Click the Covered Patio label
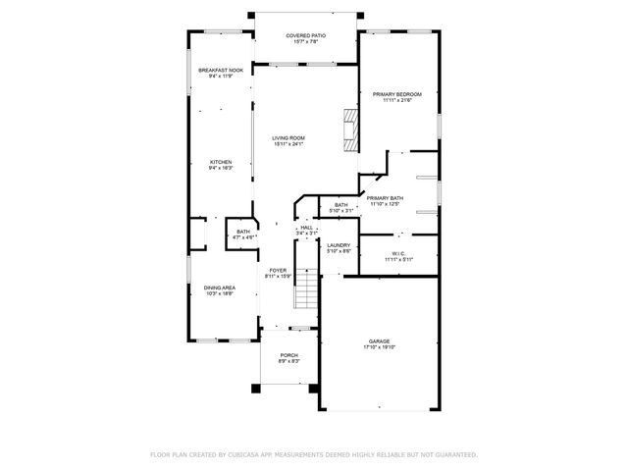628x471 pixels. tap(305, 35)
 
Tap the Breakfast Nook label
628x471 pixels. tap(220, 71)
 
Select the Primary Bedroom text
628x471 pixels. tap(396, 94)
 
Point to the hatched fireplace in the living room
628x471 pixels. tap(350, 127)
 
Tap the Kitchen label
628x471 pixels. tap(220, 162)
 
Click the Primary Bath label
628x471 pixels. tap(385, 198)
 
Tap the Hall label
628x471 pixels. tap(307, 228)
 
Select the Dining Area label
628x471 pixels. tap(219, 288)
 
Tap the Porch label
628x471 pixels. tap(288, 355)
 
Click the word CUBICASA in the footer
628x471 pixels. tap(248, 455)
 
